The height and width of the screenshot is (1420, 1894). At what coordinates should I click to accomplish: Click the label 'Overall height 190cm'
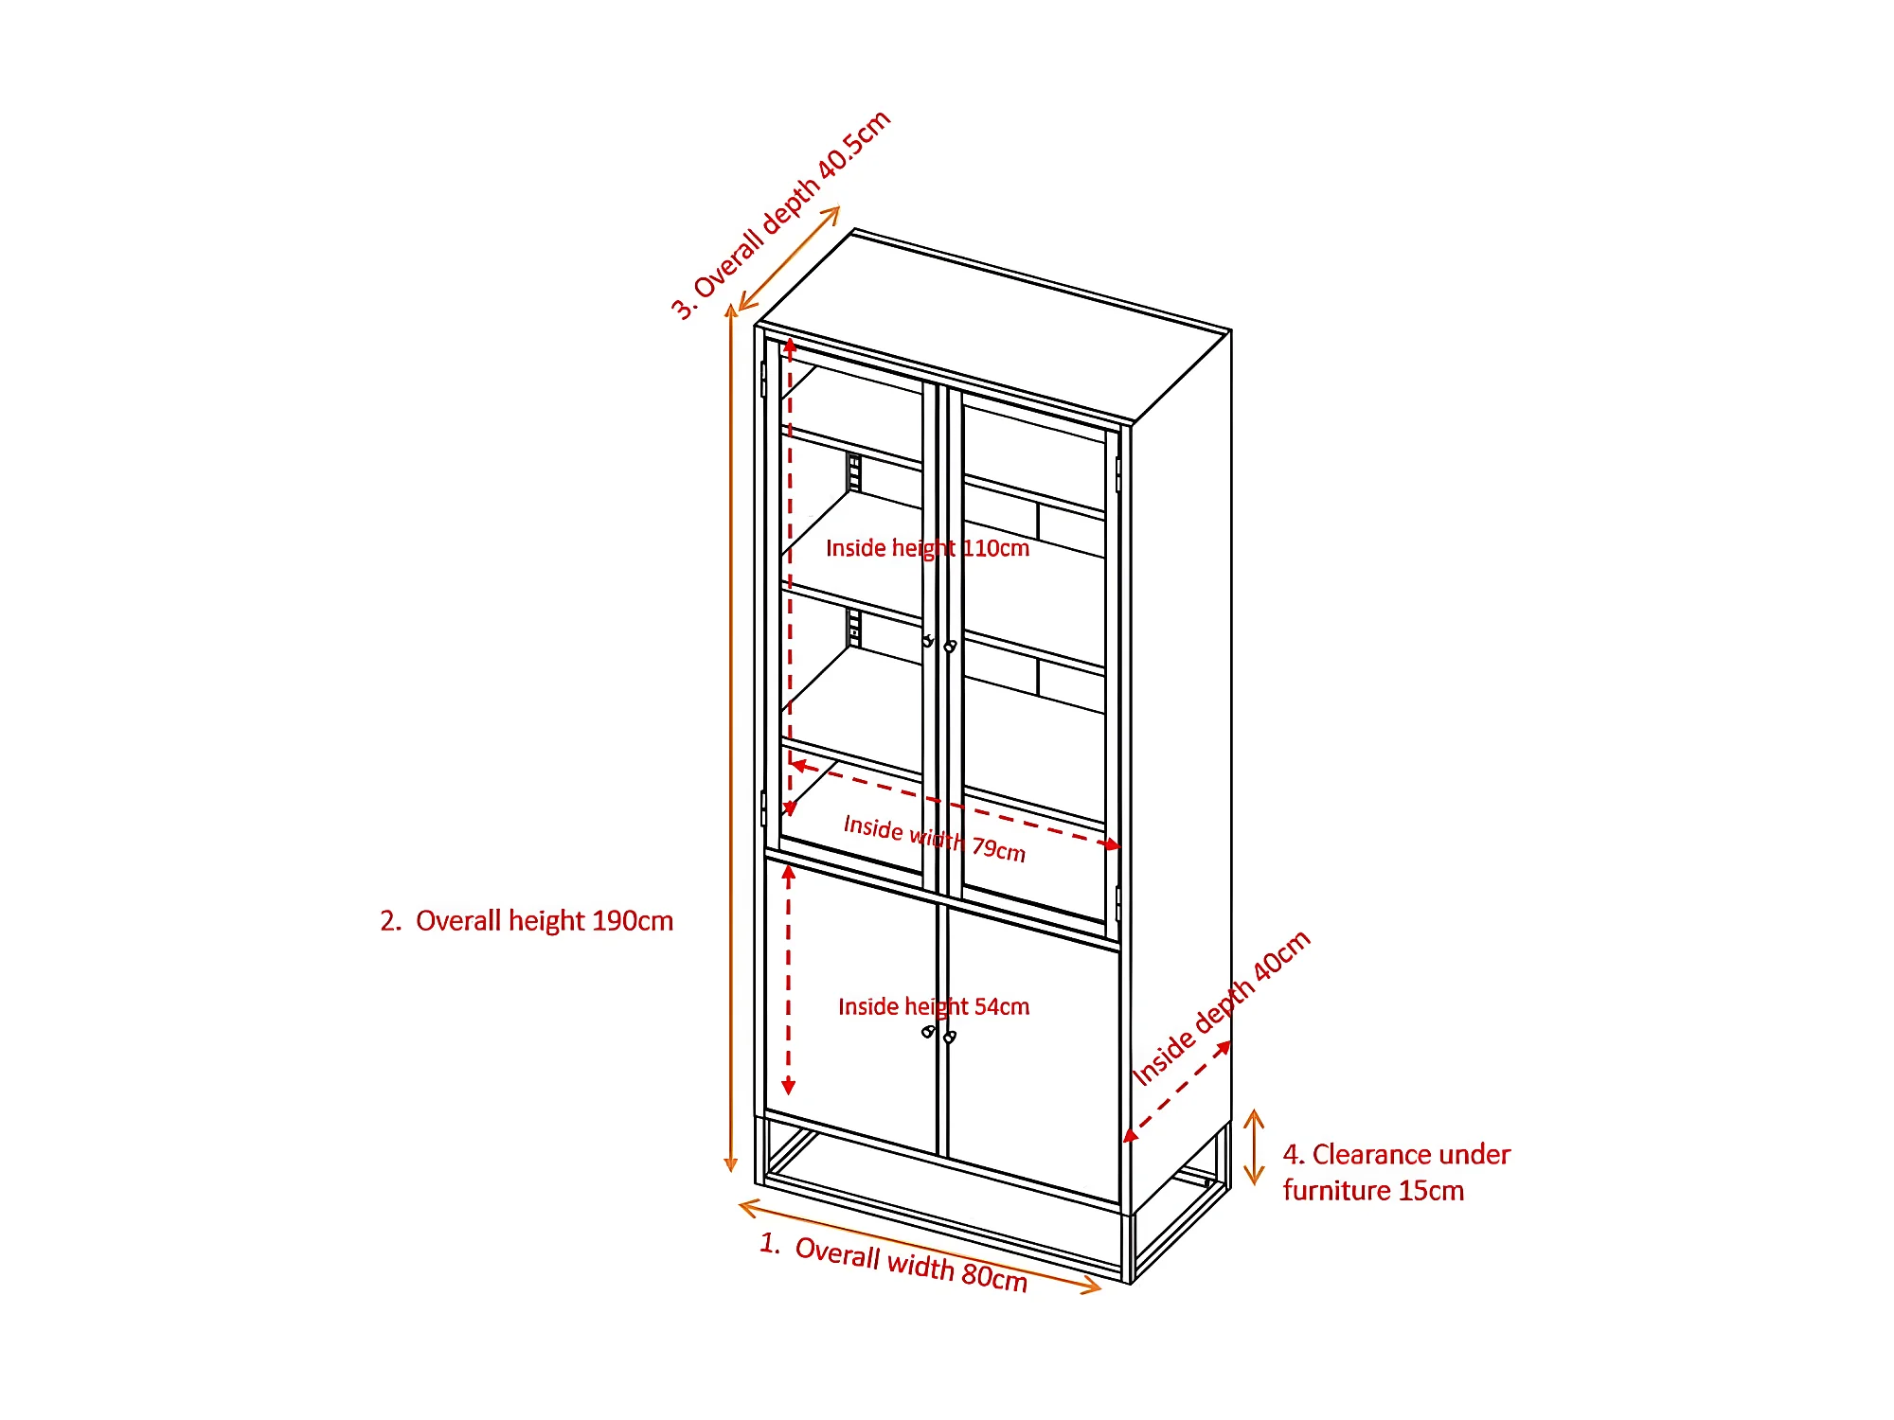(x=527, y=921)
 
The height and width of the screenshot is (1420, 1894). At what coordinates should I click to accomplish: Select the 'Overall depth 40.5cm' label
(x=781, y=216)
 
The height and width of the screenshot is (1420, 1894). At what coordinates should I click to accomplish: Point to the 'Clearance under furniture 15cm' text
(x=1396, y=1172)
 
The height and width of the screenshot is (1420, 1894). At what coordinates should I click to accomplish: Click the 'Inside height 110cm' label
(x=927, y=548)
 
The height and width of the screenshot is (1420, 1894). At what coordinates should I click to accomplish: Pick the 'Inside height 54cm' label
(x=933, y=1006)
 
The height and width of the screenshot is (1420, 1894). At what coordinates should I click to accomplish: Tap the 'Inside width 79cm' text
(x=934, y=839)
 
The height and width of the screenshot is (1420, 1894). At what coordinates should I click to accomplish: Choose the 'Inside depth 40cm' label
(x=1222, y=1008)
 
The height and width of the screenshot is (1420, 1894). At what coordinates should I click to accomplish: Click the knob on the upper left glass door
(x=928, y=642)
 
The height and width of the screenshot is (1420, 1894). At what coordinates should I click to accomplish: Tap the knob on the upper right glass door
(x=950, y=647)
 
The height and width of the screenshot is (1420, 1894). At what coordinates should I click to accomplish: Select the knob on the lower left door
(x=928, y=1032)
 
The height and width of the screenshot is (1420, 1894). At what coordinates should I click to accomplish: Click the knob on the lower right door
(x=950, y=1038)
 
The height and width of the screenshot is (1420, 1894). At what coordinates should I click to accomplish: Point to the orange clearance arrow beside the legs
(x=1254, y=1147)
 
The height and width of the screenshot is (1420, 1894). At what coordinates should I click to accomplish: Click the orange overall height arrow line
(x=731, y=738)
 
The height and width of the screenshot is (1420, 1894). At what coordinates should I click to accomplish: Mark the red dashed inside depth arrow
(x=1179, y=1088)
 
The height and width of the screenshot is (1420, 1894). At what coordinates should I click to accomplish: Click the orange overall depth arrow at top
(x=789, y=258)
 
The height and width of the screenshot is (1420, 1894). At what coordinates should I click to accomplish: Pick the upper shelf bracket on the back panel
(x=854, y=472)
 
